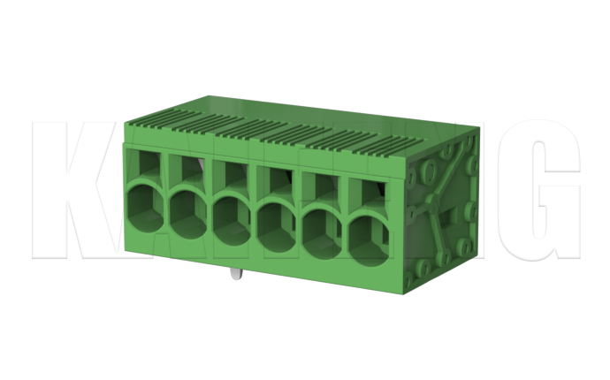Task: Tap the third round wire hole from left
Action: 233,216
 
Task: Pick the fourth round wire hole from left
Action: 277,221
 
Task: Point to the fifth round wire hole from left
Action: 322,227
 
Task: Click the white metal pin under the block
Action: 236,272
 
